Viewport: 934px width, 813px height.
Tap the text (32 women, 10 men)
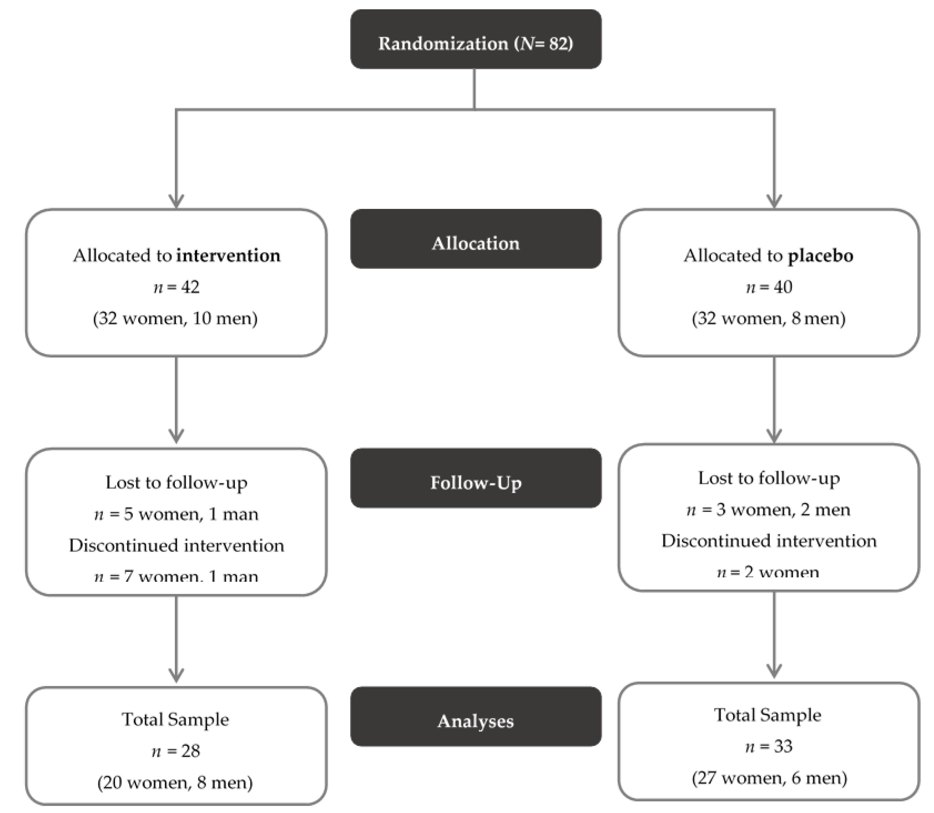click(x=176, y=318)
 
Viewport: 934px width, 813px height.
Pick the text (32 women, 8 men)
click(x=769, y=318)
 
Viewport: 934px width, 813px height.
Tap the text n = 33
click(x=769, y=746)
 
